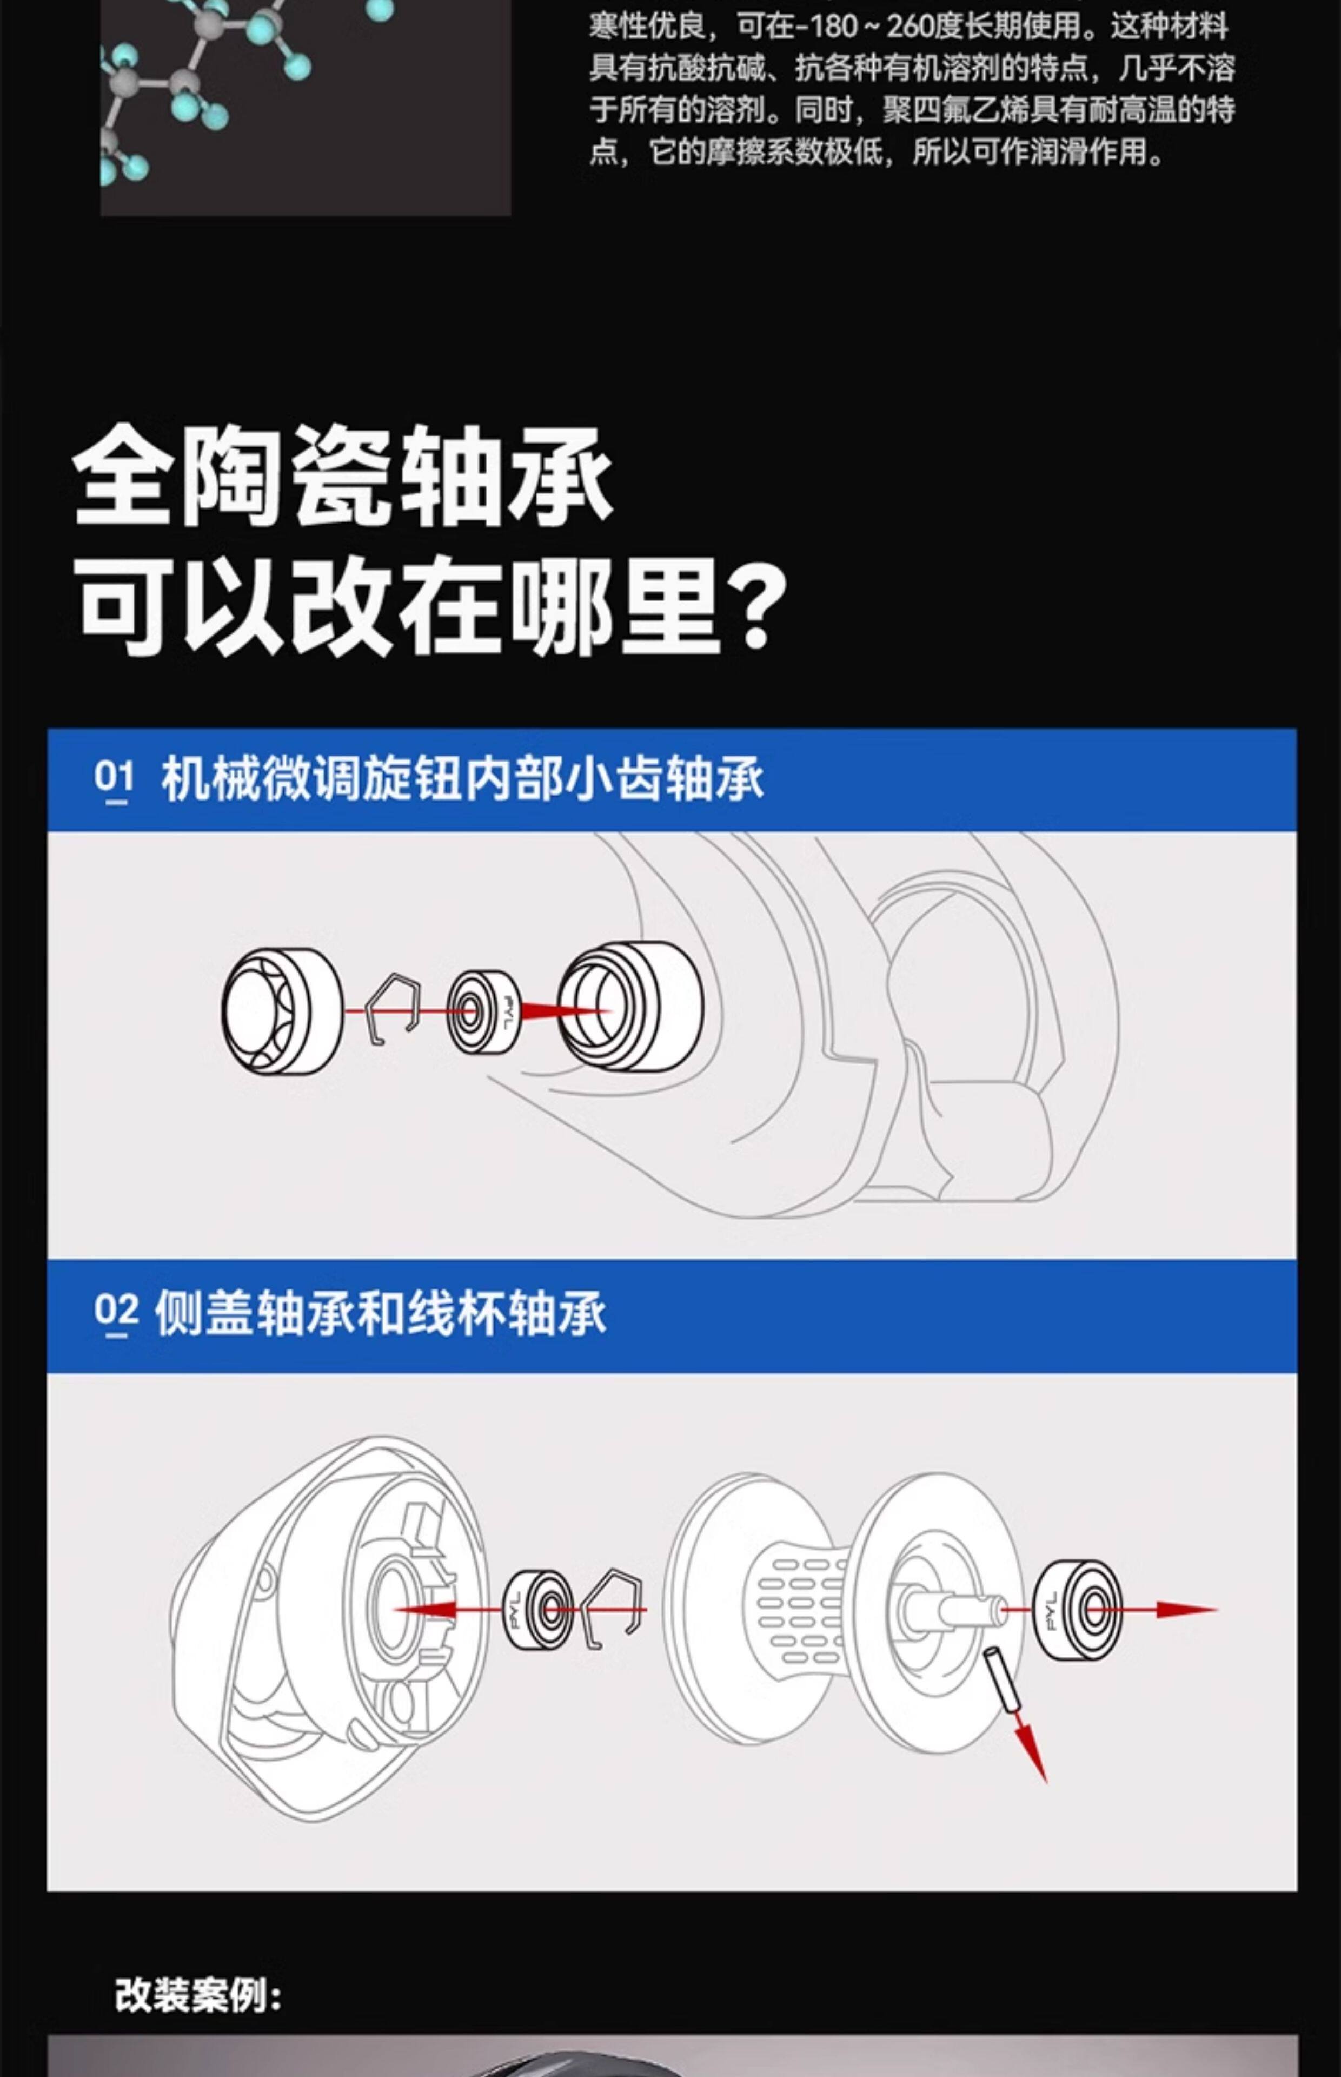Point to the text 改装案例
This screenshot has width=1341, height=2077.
click(x=198, y=1993)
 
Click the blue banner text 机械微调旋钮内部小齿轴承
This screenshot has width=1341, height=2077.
click(x=462, y=778)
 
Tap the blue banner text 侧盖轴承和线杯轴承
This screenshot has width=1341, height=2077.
click(x=380, y=1313)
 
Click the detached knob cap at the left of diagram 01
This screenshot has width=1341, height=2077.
click(x=281, y=1010)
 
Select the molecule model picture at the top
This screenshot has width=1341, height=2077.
click(x=305, y=104)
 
